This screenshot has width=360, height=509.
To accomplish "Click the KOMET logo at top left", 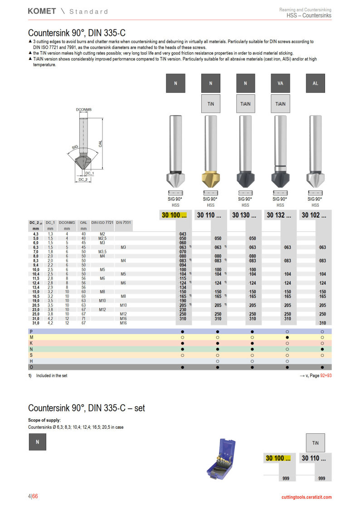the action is (42, 11).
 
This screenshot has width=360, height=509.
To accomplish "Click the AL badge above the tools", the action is (315, 83).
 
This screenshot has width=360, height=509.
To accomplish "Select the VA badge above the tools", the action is (280, 83).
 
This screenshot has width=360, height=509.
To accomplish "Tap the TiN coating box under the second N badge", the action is (211, 104).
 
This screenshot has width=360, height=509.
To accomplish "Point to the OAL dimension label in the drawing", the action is (100, 144).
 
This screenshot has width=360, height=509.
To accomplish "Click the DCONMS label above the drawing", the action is (84, 110).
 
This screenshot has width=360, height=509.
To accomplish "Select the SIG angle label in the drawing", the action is (75, 147).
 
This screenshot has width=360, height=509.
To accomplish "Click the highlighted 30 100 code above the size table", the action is (174, 215).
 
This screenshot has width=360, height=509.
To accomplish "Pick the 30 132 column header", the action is (279, 215).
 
